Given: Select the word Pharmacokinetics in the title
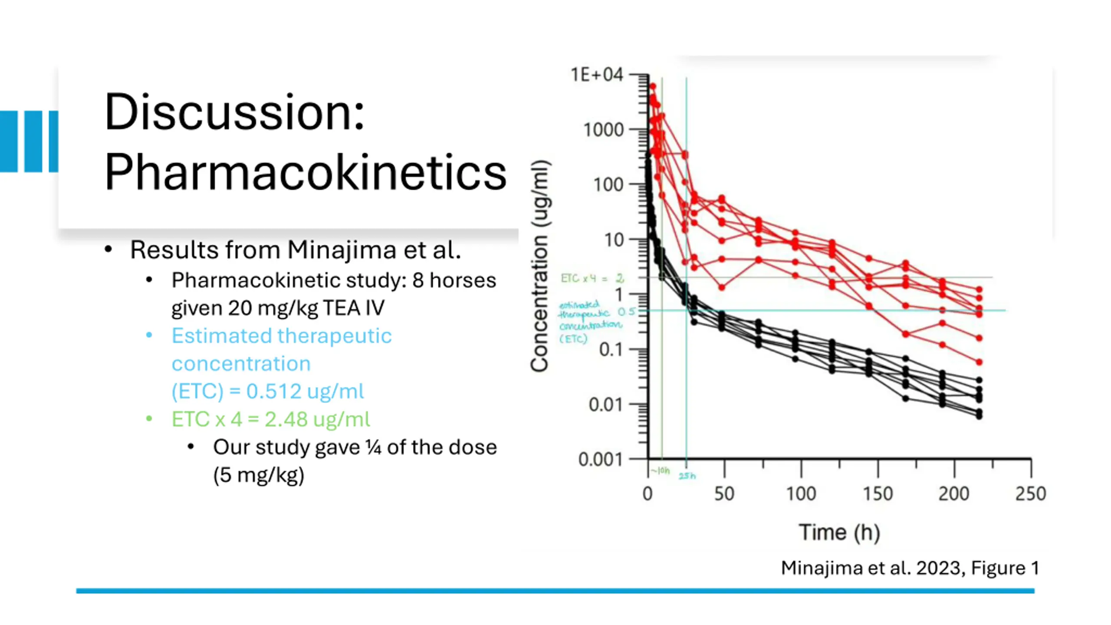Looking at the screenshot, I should click(305, 173).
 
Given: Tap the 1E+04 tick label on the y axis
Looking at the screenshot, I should click(597, 75).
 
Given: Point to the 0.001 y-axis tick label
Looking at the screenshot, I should click(600, 459).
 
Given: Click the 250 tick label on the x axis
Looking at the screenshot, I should click(1030, 494).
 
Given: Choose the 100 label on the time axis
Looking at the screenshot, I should click(801, 494).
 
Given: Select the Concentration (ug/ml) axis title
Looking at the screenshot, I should click(540, 266).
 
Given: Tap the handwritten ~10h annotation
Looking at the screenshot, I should click(661, 471).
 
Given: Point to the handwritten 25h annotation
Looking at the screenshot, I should click(687, 476).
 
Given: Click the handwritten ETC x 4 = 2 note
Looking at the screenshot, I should click(592, 278).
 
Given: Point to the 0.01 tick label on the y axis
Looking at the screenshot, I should click(605, 405).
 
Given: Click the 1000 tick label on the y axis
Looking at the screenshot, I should click(603, 130).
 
